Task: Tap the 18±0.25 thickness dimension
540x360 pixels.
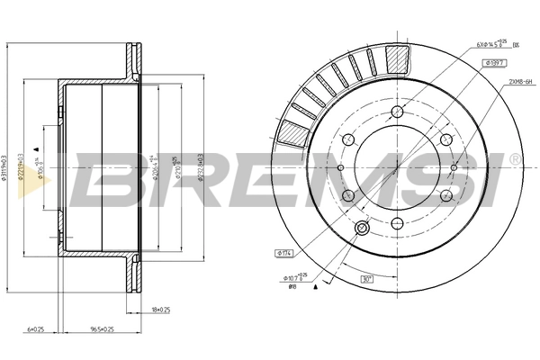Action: tap(160, 310)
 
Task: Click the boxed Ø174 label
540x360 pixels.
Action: tap(281, 254)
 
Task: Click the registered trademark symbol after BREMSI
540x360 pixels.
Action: tap(514, 159)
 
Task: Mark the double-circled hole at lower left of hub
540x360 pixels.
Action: tap(362, 229)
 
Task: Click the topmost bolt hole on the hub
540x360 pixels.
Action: tap(397, 112)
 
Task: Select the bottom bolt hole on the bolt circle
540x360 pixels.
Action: tap(397, 222)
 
